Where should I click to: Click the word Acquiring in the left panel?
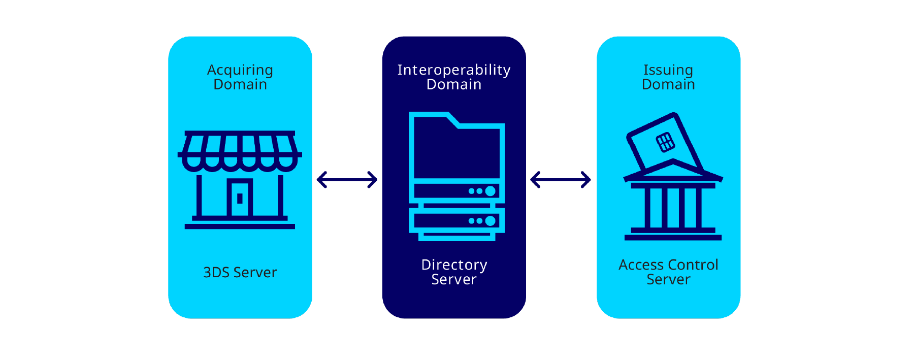(x=240, y=70)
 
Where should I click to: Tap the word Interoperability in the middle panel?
(x=453, y=70)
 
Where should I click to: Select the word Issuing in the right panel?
(x=668, y=70)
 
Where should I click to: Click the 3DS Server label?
(x=240, y=273)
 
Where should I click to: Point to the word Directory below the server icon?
(x=454, y=265)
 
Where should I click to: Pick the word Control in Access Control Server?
(x=693, y=265)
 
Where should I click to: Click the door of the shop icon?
(x=240, y=198)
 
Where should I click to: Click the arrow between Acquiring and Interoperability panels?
(x=347, y=179)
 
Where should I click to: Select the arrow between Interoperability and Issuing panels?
(x=561, y=179)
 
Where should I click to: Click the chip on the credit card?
(x=665, y=142)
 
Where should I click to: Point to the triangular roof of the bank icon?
(x=673, y=171)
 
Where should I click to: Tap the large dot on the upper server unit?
(x=490, y=191)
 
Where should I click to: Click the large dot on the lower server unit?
(x=490, y=221)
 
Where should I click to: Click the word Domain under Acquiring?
(x=240, y=85)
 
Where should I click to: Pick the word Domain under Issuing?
(x=668, y=85)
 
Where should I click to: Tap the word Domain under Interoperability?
(x=453, y=85)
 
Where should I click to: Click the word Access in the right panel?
(x=641, y=265)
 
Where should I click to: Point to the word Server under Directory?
(x=454, y=280)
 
